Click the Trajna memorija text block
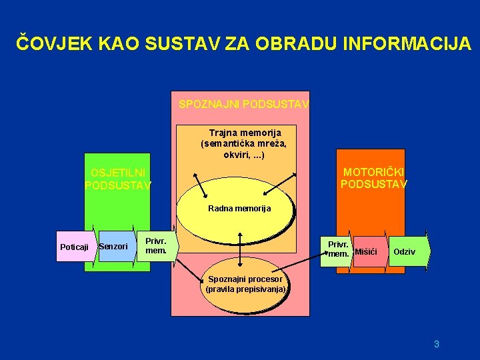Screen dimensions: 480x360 (x=244, y=143)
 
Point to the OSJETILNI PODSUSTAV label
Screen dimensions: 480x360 (x=118, y=179)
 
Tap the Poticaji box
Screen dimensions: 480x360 (x=74, y=247)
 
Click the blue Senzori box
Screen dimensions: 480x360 (x=113, y=247)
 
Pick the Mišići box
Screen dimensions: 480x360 (x=366, y=251)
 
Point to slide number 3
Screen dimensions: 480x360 (x=436, y=344)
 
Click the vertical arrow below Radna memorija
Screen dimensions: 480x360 (x=240, y=251)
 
